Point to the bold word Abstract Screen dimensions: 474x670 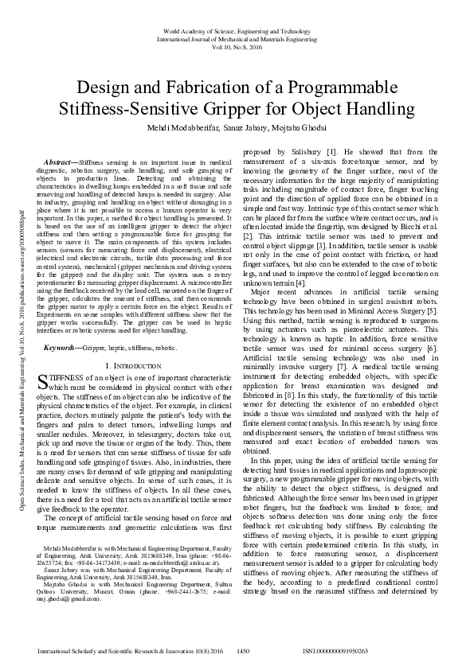click(x=61, y=162)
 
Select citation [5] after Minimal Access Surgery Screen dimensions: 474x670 click(x=431, y=311)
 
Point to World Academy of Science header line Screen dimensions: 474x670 click(x=237, y=30)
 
